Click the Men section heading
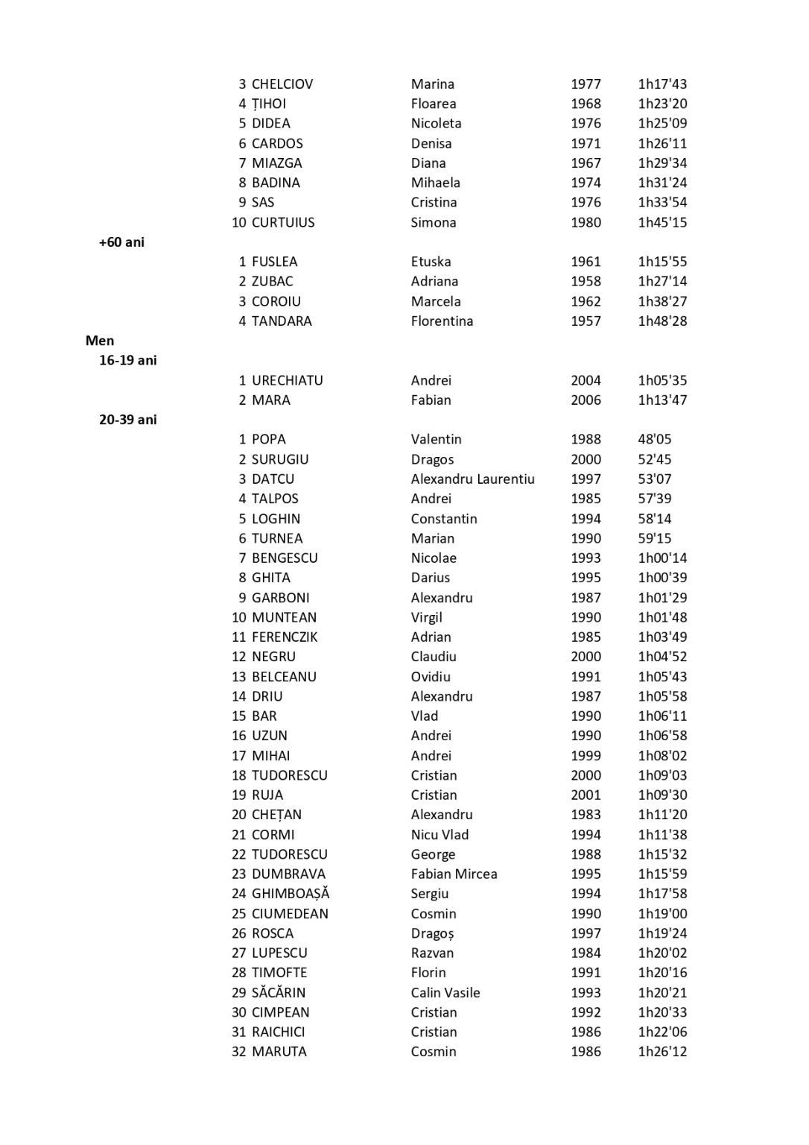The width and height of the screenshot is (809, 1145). [x=100, y=341]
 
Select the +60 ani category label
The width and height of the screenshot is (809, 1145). [x=121, y=242]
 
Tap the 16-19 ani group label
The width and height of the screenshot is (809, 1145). [x=127, y=360]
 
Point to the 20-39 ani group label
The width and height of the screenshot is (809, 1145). [x=127, y=420]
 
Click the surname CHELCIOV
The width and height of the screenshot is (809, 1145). [x=282, y=84]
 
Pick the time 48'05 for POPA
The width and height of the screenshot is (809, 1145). [x=654, y=439]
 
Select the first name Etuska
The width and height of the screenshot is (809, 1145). [x=431, y=262]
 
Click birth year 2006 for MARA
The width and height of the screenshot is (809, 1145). [x=586, y=400]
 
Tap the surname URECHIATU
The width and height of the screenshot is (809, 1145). [x=287, y=380]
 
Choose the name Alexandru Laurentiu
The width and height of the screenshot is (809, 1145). [x=472, y=479]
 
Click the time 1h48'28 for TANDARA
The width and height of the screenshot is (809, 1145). [x=662, y=321]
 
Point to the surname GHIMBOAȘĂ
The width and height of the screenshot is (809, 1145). [x=290, y=893]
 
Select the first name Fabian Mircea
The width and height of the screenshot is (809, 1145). [x=454, y=874]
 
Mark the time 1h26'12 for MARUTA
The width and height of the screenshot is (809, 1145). [x=662, y=1051]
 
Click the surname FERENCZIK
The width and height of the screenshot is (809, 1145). [x=284, y=637]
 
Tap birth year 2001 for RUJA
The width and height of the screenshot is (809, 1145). [x=586, y=795]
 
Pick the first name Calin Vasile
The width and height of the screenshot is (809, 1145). [x=445, y=992]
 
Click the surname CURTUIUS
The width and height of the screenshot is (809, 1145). [x=282, y=222]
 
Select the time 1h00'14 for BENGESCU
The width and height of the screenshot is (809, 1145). [x=662, y=558]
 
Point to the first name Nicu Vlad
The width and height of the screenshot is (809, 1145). [x=440, y=834]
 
